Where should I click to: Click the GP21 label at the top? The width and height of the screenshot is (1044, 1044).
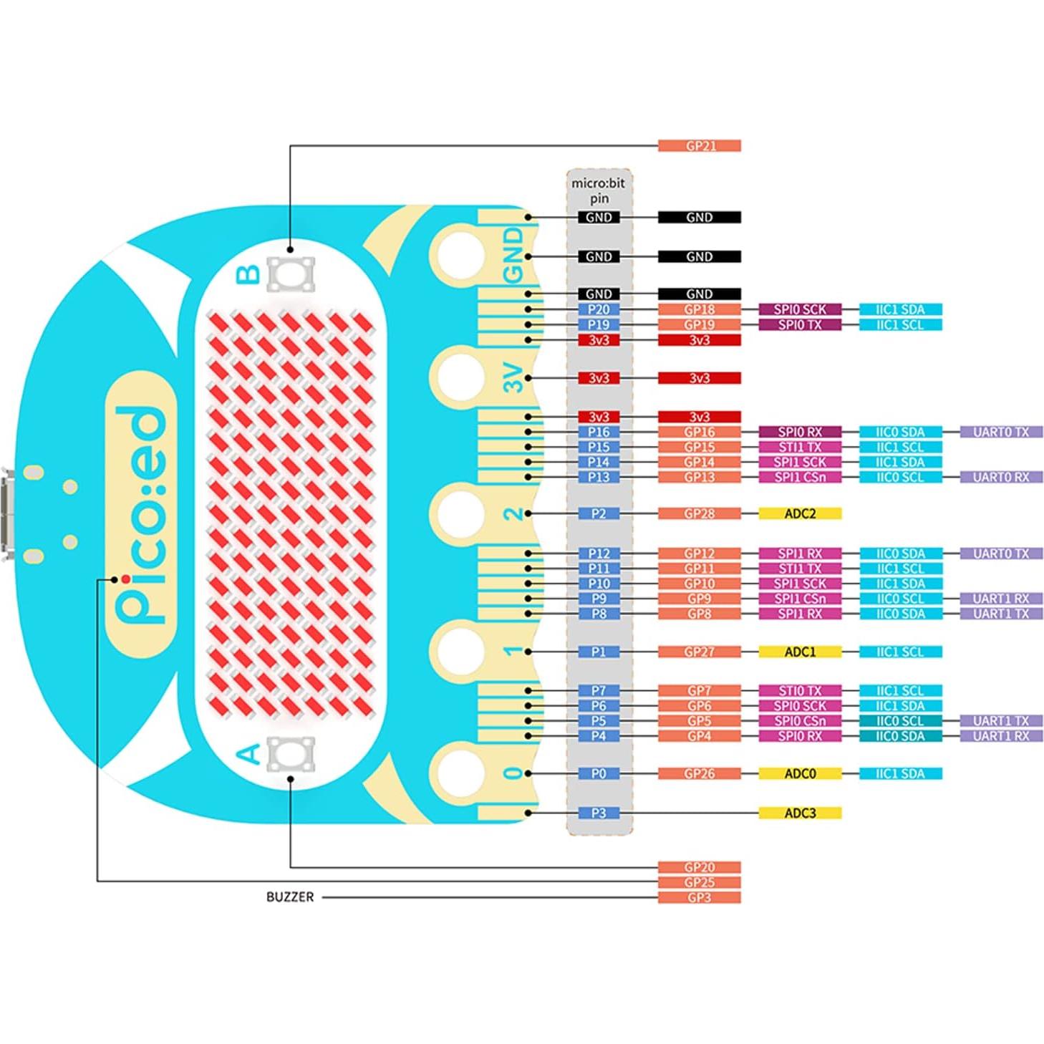[x=699, y=146]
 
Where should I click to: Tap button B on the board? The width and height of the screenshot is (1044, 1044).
[x=290, y=274]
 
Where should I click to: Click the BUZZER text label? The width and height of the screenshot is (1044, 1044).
[x=289, y=897]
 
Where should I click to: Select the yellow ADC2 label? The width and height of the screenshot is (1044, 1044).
[x=800, y=513]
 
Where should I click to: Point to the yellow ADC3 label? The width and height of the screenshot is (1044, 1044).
[x=800, y=813]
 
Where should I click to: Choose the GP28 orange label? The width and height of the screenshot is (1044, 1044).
[x=699, y=513]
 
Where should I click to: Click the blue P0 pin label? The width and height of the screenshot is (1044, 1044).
[x=599, y=773]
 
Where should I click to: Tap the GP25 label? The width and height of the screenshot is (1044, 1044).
[x=699, y=882]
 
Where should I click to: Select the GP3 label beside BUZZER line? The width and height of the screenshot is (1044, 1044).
[x=699, y=897]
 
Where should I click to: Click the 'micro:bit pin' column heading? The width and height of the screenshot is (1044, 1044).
[x=599, y=190]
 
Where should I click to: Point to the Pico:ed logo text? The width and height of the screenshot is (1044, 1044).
[x=141, y=516]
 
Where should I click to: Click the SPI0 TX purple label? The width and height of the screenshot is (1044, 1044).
[x=800, y=325]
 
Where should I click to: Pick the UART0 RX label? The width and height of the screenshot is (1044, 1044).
[x=1001, y=477]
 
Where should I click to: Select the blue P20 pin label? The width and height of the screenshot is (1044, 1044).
[x=599, y=309]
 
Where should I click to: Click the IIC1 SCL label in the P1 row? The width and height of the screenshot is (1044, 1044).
[x=900, y=652]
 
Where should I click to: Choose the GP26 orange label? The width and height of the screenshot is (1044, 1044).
[x=699, y=773]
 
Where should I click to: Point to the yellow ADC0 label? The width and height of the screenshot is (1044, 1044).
[x=800, y=773]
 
